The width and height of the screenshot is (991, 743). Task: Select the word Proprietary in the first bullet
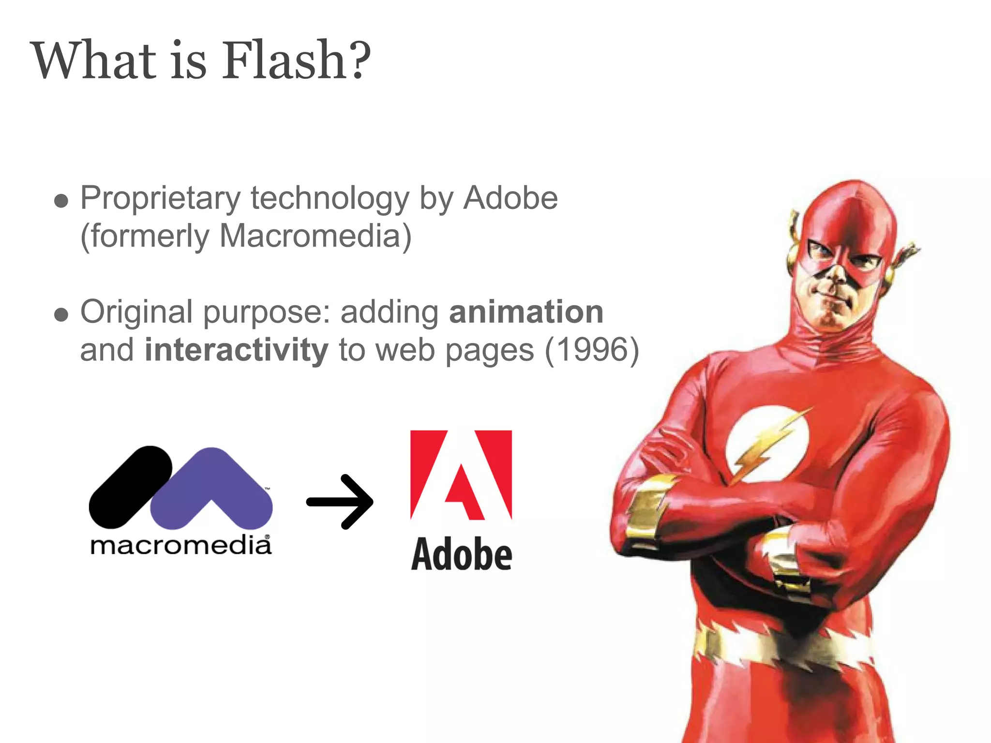pyautogui.click(x=160, y=199)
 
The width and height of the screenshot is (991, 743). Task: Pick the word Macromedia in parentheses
pyautogui.click(x=309, y=236)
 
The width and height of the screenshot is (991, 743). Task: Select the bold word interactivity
pyautogui.click(x=236, y=350)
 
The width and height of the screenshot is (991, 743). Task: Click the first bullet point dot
pyautogui.click(x=61, y=201)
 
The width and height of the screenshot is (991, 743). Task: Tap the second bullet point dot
pyautogui.click(x=61, y=315)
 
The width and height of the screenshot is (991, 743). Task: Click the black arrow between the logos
pyautogui.click(x=340, y=502)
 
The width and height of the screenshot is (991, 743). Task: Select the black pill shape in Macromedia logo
pyautogui.click(x=130, y=487)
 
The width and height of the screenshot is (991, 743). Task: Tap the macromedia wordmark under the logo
pyautogui.click(x=180, y=546)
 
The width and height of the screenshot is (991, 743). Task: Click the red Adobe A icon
pyautogui.click(x=461, y=474)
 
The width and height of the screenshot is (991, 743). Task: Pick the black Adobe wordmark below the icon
pyautogui.click(x=461, y=554)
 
